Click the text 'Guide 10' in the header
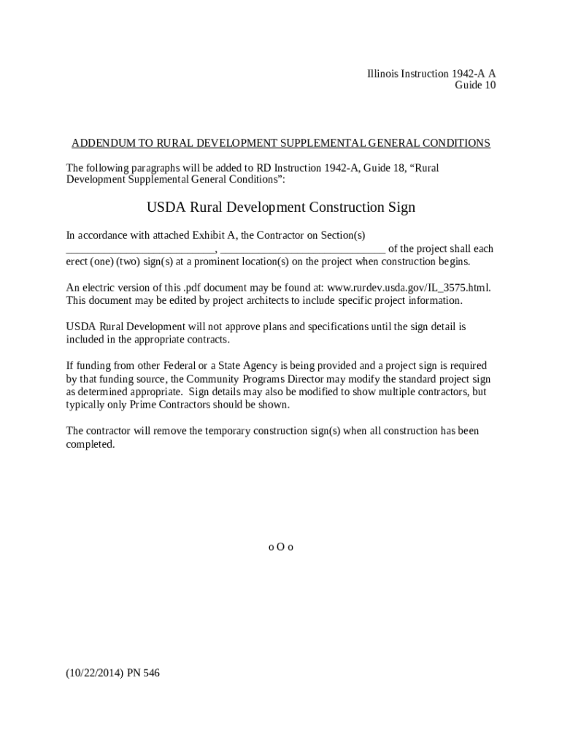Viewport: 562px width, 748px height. pyautogui.click(x=475, y=85)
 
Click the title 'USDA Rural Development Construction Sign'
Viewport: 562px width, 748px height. pyautogui.click(x=281, y=207)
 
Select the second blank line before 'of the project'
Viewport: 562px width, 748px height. pyautogui.click(x=302, y=251)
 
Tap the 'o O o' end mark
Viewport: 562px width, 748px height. pyautogui.click(x=281, y=546)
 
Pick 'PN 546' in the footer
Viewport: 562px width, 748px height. pyautogui.click(x=143, y=673)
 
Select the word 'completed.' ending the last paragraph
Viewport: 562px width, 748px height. pyautogui.click(x=91, y=444)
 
